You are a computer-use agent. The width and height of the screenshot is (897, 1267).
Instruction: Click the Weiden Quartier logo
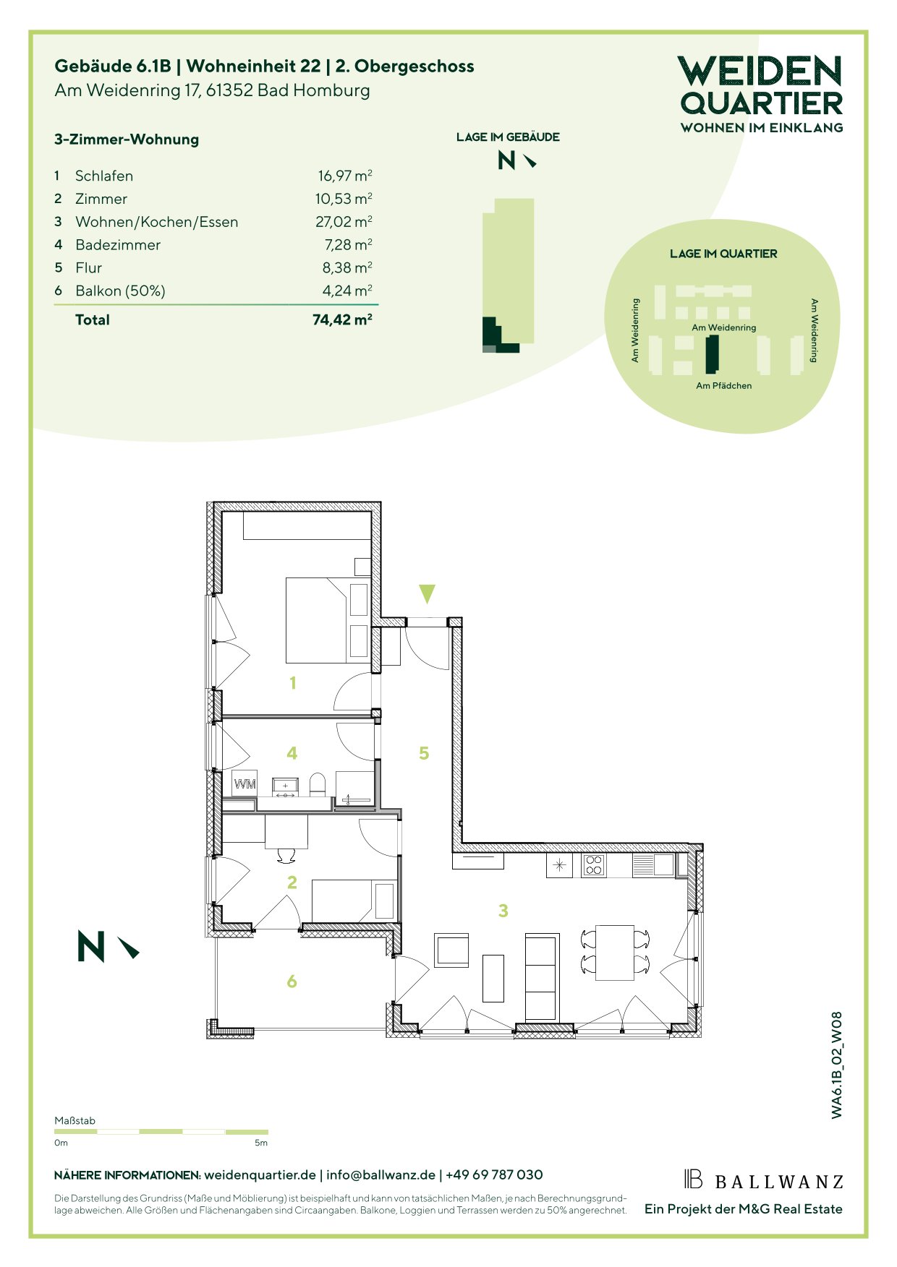(762, 94)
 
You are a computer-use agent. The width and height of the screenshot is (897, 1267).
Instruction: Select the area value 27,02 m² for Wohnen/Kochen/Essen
(344, 221)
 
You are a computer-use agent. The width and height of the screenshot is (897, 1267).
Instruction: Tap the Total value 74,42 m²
(342, 319)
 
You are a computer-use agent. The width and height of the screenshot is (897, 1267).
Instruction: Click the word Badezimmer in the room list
(118, 245)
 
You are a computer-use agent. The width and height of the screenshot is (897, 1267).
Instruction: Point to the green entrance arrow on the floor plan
(427, 594)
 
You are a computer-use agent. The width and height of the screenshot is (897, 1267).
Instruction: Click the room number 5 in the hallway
(424, 753)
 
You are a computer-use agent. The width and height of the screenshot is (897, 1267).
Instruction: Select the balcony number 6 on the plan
(292, 981)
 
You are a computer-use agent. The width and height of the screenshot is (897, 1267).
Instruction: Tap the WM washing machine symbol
(245, 783)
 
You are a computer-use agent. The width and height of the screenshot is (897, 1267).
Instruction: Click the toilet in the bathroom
(317, 784)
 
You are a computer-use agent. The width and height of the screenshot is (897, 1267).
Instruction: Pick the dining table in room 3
(614, 952)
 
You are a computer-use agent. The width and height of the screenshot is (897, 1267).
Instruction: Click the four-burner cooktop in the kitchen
(593, 865)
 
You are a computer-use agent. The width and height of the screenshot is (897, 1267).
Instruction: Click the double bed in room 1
(328, 620)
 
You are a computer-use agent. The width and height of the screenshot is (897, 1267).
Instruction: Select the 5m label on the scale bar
(261, 1143)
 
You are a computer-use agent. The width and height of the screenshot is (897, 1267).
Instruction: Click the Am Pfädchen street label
(723, 386)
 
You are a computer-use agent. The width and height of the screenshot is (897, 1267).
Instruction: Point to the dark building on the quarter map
(713, 354)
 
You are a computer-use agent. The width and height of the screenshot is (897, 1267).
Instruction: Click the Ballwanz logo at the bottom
(764, 1180)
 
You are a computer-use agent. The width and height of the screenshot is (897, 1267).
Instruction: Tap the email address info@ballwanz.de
(381, 1175)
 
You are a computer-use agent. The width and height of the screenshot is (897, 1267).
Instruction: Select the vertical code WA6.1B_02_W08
(837, 1065)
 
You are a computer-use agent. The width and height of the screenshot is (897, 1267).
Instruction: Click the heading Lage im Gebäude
(508, 137)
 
